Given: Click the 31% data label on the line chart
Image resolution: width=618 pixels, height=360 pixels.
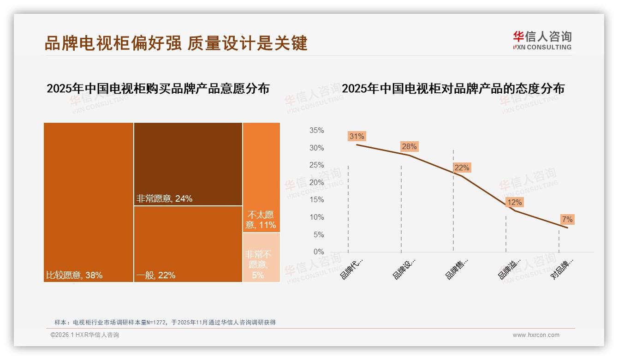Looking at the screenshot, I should [357, 136].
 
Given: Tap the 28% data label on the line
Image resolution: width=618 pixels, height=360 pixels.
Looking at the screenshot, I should [409, 146].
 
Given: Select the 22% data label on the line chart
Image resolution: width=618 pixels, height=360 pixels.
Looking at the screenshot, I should [462, 168].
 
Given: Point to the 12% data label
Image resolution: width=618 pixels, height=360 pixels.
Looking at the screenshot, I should [514, 202].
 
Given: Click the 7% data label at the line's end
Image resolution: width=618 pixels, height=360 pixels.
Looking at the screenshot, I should [567, 219].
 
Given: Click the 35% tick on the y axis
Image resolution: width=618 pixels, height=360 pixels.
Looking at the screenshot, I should [316, 131].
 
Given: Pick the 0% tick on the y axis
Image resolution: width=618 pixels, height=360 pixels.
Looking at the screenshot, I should [319, 252].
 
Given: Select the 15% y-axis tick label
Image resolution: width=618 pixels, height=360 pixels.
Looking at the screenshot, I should [316, 200].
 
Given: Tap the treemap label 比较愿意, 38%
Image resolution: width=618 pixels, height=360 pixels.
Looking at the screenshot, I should [74, 276].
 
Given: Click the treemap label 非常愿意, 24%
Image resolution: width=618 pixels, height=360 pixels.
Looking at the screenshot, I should [164, 199].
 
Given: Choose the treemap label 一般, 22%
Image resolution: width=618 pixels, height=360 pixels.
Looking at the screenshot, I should [156, 276].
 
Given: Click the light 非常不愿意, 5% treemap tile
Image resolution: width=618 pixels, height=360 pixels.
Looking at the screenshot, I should [261, 257].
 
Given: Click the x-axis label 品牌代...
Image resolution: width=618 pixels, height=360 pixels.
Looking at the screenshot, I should [351, 269].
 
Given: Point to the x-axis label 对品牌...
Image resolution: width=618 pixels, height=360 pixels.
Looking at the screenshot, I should [562, 269].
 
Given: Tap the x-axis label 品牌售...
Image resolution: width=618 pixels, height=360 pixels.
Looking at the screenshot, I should [457, 269].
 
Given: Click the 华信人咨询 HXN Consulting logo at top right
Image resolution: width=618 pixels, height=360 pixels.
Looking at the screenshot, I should [542, 40].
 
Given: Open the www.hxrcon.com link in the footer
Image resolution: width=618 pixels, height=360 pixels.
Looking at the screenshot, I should [536, 335].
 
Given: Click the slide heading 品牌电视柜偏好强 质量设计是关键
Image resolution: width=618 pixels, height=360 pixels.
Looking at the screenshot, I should [176, 43].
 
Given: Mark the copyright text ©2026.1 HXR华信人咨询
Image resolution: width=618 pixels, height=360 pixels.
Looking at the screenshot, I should [85, 335].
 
